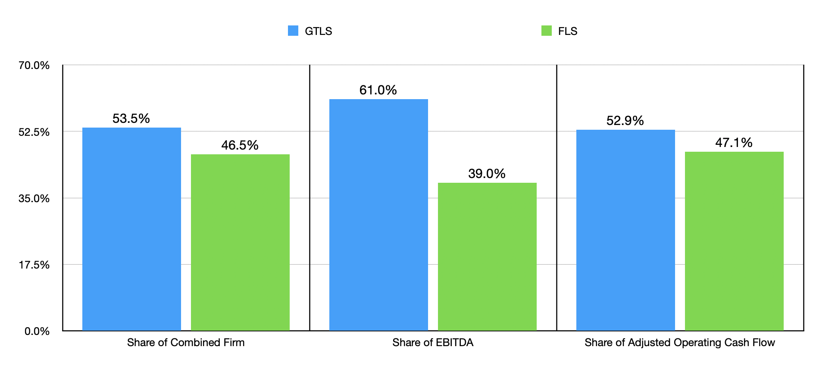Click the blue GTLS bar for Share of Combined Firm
pyautogui.click(x=131, y=229)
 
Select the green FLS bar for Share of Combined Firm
pyautogui.click(x=240, y=242)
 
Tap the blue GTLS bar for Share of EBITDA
pyautogui.click(x=378, y=215)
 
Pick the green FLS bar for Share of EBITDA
pyautogui.click(x=487, y=256)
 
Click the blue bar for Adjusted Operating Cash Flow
pyautogui.click(x=625, y=230)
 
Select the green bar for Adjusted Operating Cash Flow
pyautogui.click(x=734, y=241)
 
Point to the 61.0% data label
pyautogui.click(x=378, y=90)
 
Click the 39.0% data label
pyautogui.click(x=487, y=174)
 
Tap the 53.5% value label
pyautogui.click(x=131, y=119)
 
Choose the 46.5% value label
pyautogui.click(x=240, y=145)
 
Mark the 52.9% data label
pyautogui.click(x=625, y=121)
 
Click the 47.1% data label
pyautogui.click(x=734, y=143)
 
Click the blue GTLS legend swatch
pyautogui.click(x=293, y=31)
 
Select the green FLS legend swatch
pyautogui.click(x=546, y=31)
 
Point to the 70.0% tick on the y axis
pyautogui.click(x=34, y=66)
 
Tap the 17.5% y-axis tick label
pyautogui.click(x=34, y=265)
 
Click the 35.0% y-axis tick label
pyautogui.click(x=34, y=198)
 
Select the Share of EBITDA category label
pyautogui.click(x=433, y=343)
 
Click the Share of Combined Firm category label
pyautogui.click(x=186, y=343)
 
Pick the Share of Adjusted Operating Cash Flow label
pyautogui.click(x=680, y=343)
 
